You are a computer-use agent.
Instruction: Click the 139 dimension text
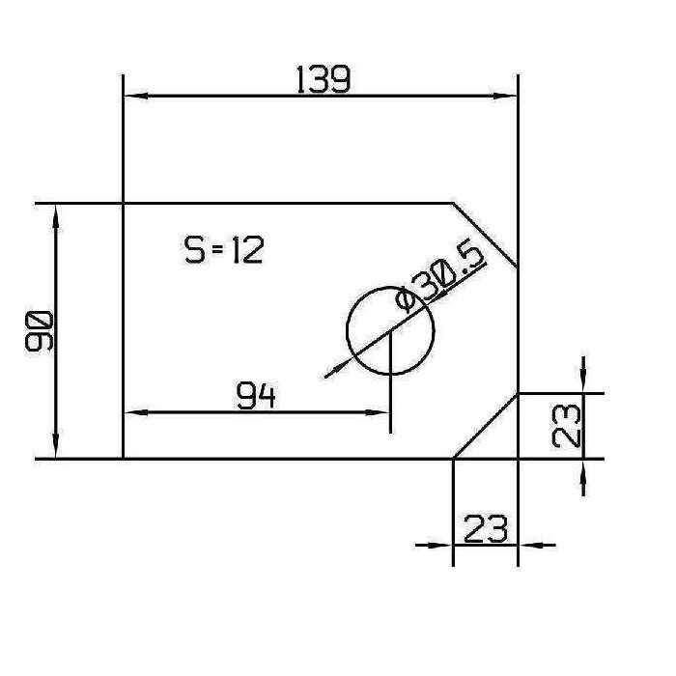[324, 79]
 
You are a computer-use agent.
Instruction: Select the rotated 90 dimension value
[40, 331]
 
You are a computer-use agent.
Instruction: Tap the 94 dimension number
[256, 396]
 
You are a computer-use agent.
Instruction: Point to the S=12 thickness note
[223, 250]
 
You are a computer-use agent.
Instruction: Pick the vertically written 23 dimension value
[569, 426]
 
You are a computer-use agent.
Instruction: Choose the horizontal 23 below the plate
[487, 528]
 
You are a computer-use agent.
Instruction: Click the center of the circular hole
[390, 330]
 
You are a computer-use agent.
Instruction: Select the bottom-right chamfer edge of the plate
[486, 426]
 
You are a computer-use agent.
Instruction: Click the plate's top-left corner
[124, 204]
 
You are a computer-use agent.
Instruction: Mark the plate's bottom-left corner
[124, 459]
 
